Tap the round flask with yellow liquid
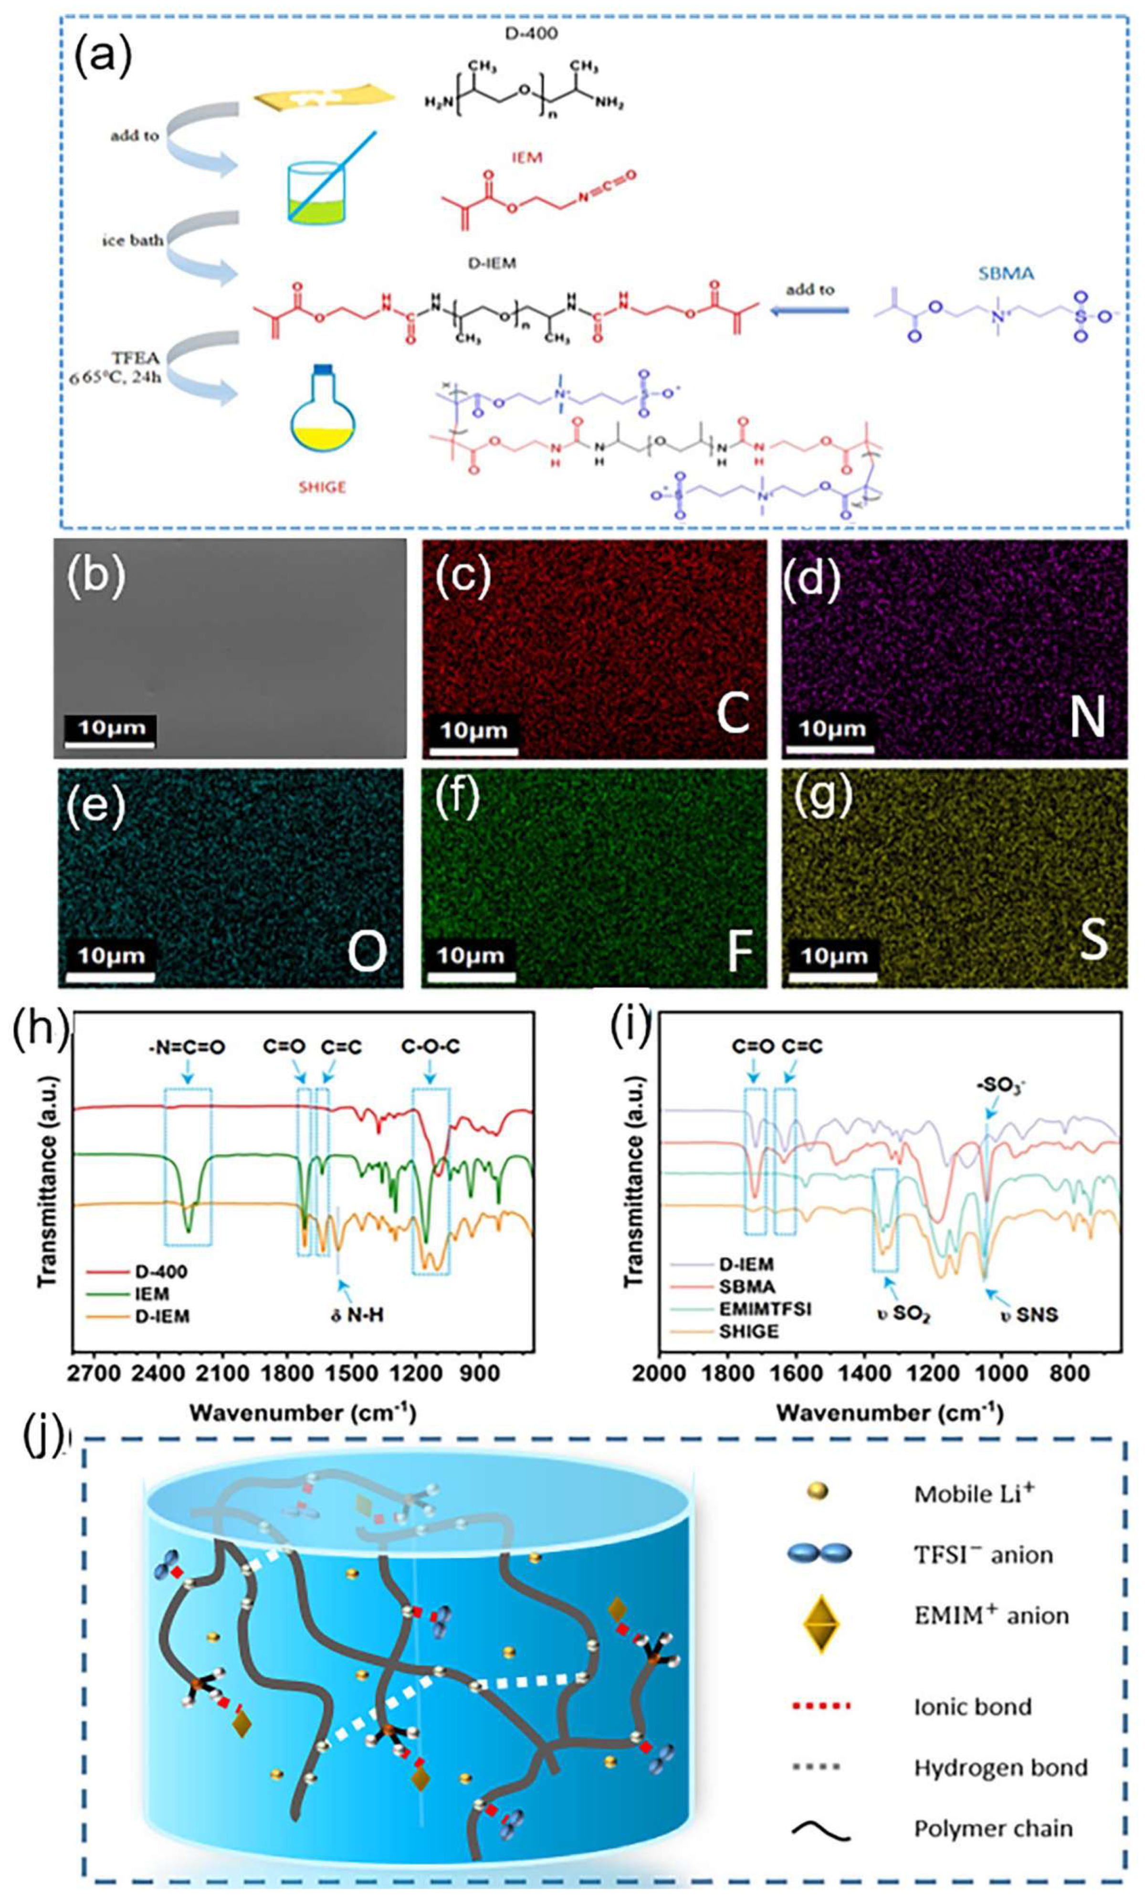(324, 416)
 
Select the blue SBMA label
(1005, 274)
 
